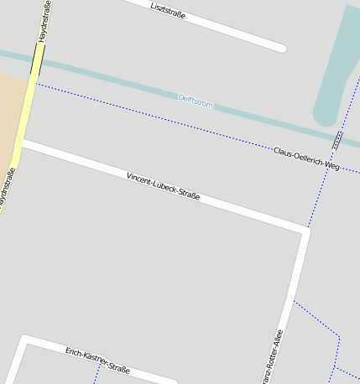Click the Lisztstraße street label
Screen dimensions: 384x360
168,11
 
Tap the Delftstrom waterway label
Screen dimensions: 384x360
196,102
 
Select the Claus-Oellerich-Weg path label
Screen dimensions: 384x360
306,158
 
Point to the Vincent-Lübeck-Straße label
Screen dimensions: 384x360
163,187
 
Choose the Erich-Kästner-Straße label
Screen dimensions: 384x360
97,359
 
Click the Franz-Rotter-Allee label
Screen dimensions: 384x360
272,356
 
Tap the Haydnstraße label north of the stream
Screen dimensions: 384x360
43,21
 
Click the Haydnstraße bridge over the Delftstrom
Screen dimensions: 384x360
37,60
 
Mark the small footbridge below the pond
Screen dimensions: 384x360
337,140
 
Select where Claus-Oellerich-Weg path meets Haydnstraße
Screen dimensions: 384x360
34,83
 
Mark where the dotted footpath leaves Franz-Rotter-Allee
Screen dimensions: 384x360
294,300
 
